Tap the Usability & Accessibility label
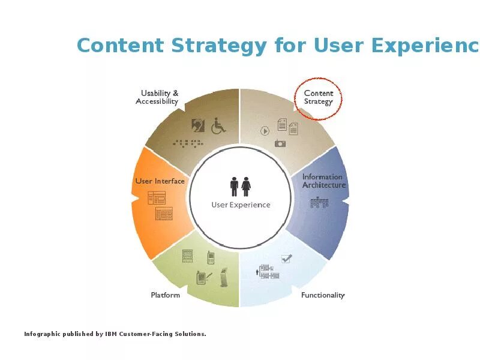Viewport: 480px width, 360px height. tap(158, 97)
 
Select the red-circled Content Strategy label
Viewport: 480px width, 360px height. tap(318, 97)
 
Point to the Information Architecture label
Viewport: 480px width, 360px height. tap(323, 181)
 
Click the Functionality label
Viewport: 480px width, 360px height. tap(323, 295)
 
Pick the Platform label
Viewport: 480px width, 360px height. tap(165, 295)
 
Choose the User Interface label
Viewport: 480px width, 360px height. tap(160, 181)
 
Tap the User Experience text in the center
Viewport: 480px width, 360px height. tap(241, 205)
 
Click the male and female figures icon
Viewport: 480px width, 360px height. tap(241, 186)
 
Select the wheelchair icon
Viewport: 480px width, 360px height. tap(218, 125)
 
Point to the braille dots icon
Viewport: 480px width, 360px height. tap(188, 143)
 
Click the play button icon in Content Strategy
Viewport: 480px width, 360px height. tap(265, 130)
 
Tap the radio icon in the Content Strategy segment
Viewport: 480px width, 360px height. tap(280, 143)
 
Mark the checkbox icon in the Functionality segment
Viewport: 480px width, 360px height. tap(286, 258)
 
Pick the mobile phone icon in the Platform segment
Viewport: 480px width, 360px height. tap(211, 257)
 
